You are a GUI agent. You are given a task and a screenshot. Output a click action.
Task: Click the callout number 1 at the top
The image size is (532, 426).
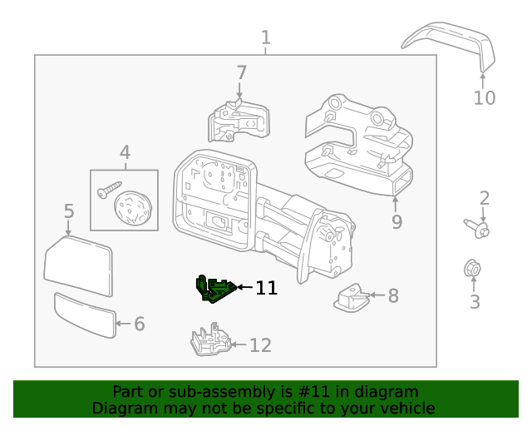pos(265,37)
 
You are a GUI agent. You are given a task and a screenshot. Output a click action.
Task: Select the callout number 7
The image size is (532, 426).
pos(241,72)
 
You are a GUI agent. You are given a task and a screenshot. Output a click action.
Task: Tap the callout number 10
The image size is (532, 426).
pos(484,98)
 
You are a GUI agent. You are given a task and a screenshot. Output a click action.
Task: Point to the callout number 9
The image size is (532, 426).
pos(397,222)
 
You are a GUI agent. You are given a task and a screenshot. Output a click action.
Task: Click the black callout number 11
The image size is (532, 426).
pos(266,288)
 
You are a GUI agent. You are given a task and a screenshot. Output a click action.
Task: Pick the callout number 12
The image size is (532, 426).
pos(260,344)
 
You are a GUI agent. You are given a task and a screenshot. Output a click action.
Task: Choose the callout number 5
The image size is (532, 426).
pos(69,212)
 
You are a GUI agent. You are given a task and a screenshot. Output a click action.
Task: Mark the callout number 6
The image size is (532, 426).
pos(139,324)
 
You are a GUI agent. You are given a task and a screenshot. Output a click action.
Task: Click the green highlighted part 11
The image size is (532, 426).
pos(214,289)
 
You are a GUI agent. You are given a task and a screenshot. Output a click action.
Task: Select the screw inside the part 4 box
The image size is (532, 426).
pos(109,192)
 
